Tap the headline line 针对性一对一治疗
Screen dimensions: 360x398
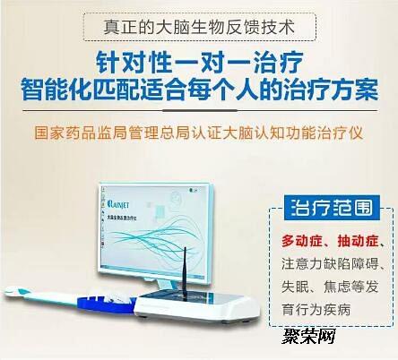click(199, 64)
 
